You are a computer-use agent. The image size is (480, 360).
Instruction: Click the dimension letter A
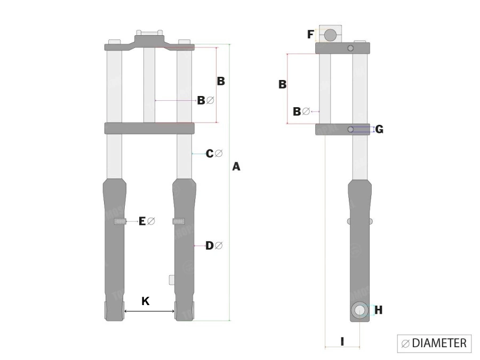click(x=236, y=166)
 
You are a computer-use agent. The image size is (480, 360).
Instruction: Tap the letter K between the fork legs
click(x=146, y=301)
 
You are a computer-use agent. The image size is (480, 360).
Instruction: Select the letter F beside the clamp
click(x=310, y=34)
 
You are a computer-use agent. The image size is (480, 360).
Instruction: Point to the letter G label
click(x=379, y=130)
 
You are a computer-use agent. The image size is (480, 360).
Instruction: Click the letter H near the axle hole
click(x=379, y=310)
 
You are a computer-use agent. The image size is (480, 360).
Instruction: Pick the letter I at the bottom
click(x=342, y=341)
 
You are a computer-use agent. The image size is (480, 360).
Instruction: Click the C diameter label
click(x=214, y=154)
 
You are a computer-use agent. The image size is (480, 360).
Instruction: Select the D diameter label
click(x=214, y=245)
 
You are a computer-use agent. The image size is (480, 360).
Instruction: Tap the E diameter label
click(x=147, y=221)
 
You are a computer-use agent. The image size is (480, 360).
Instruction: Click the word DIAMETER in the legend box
click(x=439, y=343)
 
